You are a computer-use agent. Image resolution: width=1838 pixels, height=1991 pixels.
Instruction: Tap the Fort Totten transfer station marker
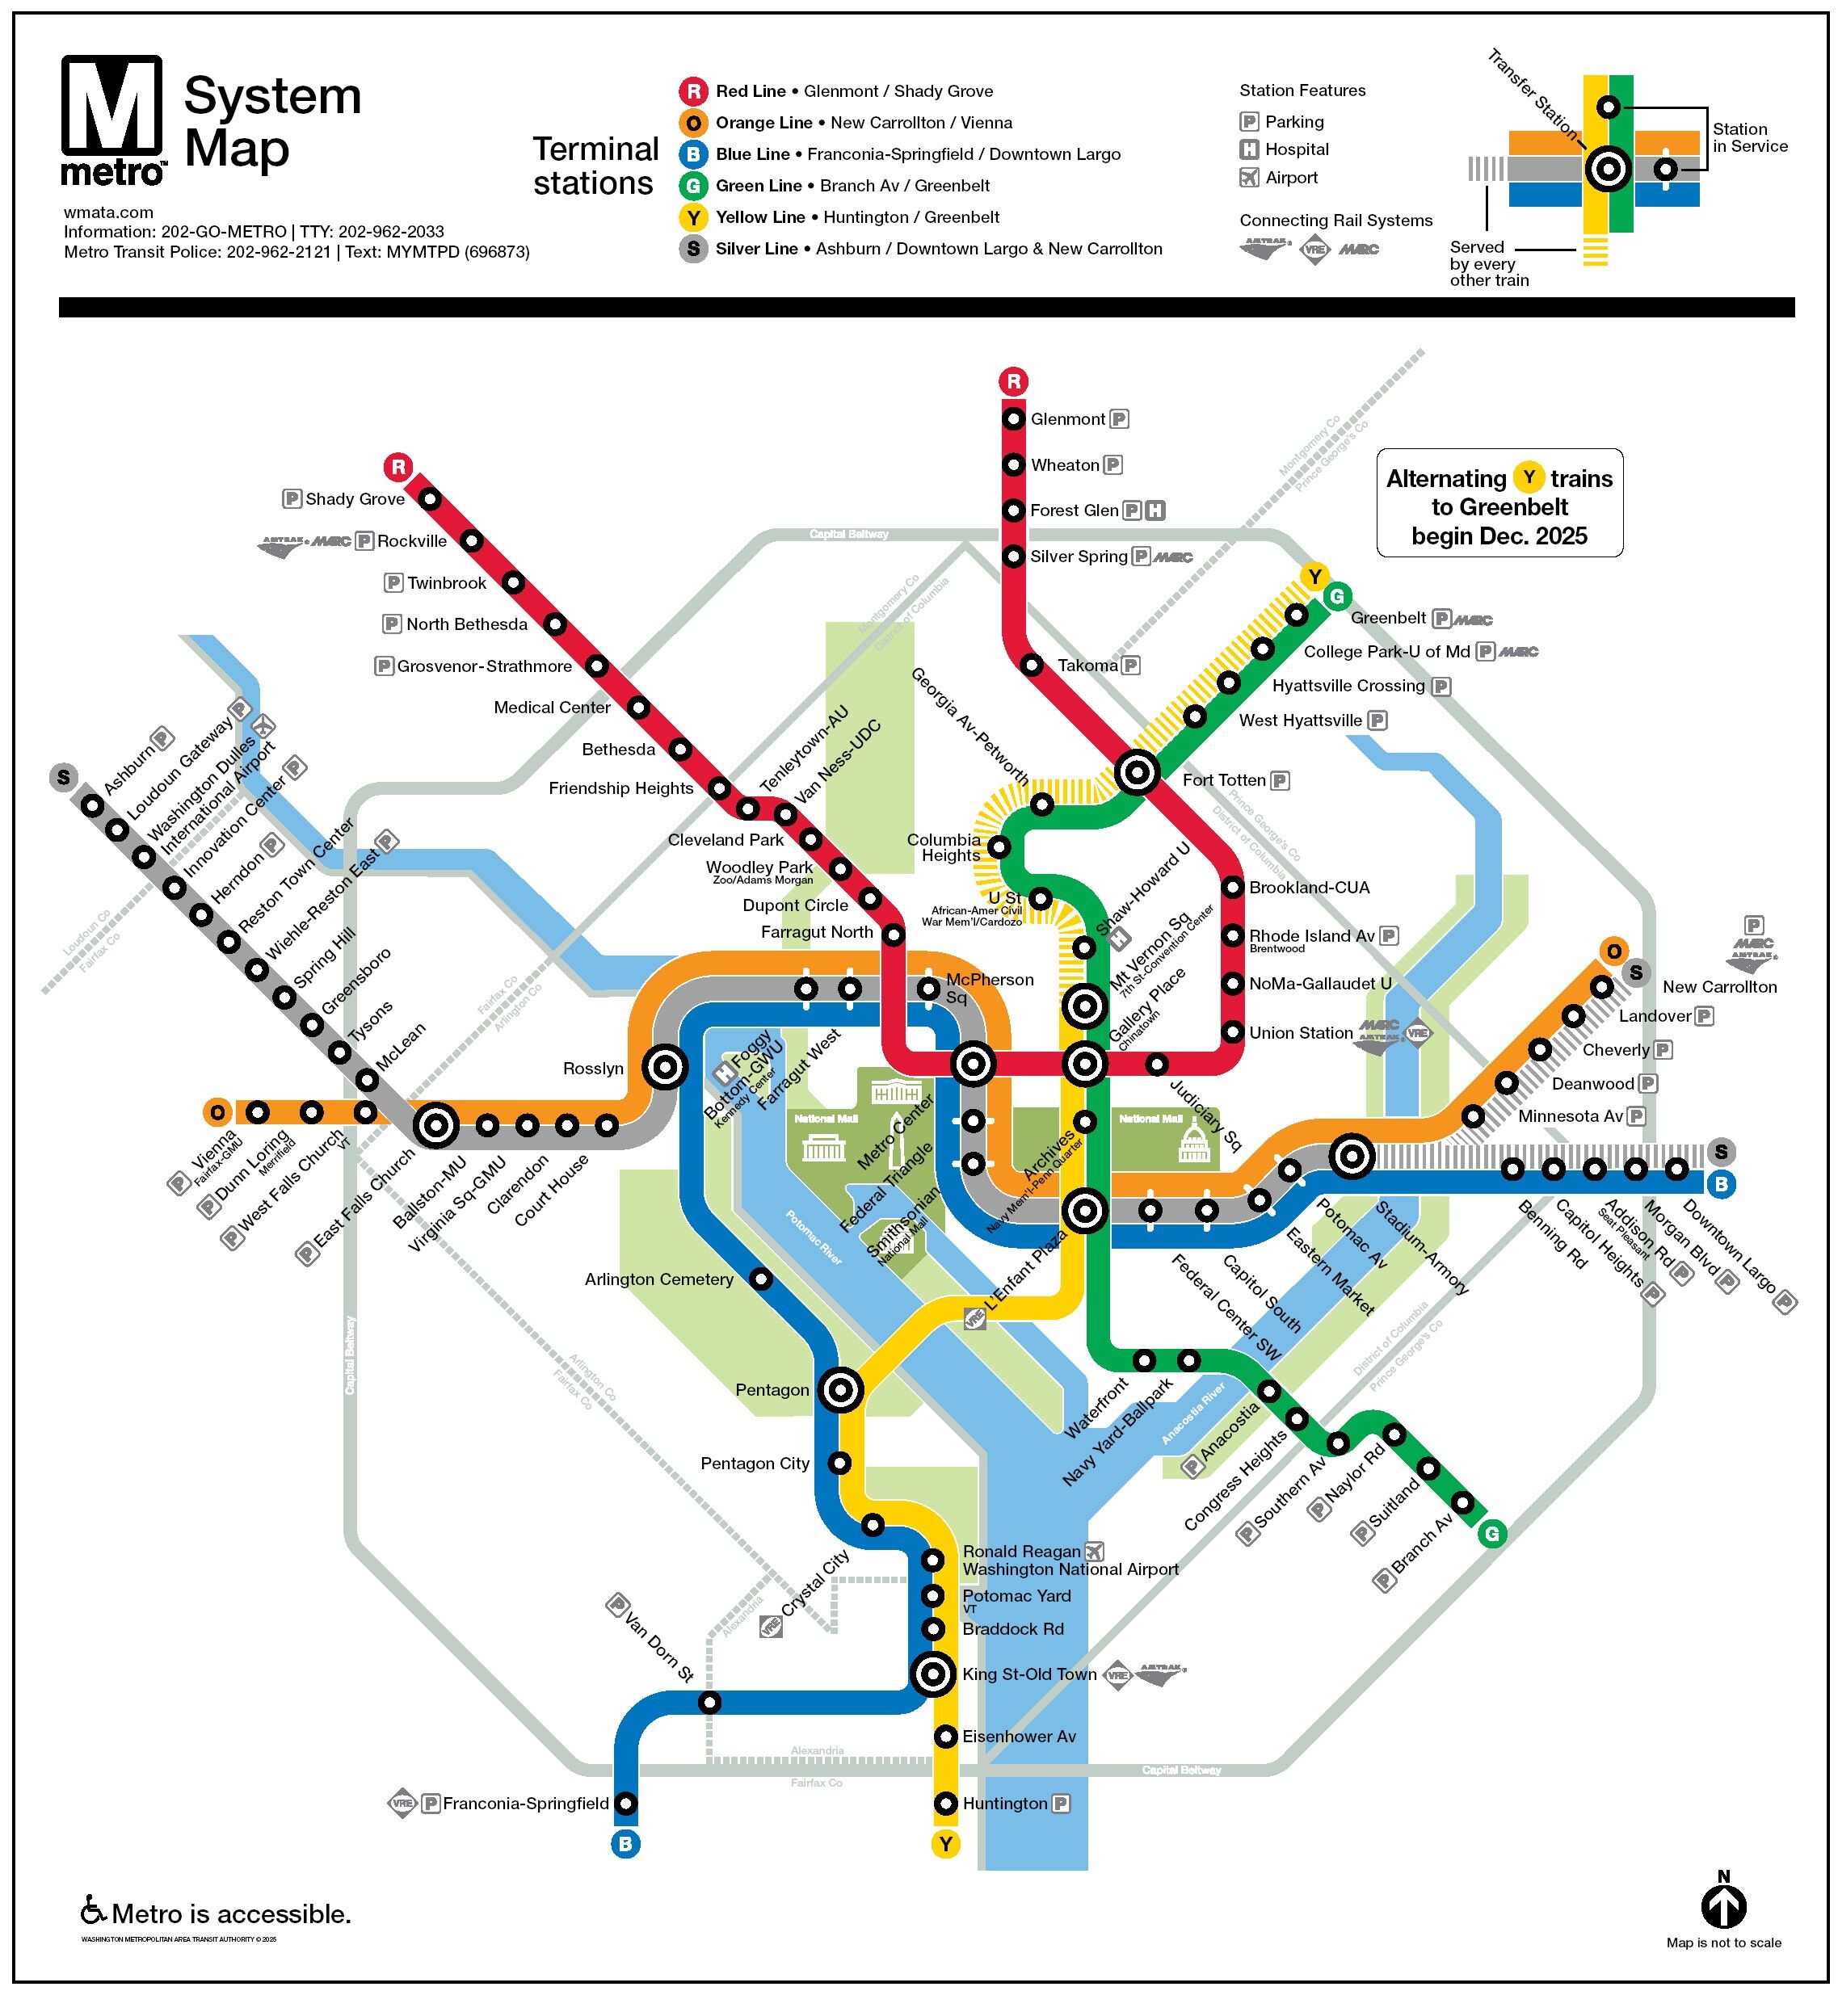tap(1137, 771)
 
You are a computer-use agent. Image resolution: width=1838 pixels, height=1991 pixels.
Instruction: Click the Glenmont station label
tap(1067, 418)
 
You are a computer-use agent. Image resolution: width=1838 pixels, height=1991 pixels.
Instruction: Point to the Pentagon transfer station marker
tap(840, 1389)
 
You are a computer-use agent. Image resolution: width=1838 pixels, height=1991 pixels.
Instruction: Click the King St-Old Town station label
tap(1028, 1674)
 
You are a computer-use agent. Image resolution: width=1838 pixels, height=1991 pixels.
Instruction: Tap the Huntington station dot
tap(945, 1803)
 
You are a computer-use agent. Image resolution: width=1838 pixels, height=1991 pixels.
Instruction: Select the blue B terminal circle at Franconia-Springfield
tap(625, 1844)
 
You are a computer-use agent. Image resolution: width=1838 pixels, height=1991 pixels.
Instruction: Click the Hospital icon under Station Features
tap(1248, 149)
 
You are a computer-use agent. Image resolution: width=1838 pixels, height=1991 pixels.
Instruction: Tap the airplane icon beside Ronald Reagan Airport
tap(1094, 1552)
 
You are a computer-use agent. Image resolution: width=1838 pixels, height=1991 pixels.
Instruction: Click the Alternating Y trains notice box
tap(1499, 503)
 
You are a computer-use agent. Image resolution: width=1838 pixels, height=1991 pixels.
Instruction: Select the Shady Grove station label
tap(354, 498)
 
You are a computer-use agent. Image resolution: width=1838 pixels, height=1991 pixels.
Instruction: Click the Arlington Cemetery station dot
tap(760, 1278)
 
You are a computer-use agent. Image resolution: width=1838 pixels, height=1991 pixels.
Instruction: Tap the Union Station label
tap(1300, 1032)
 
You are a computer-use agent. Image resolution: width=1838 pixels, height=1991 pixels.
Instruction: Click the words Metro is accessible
tap(231, 1913)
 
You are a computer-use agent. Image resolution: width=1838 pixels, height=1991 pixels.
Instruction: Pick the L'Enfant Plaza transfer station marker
tap(1084, 1210)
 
